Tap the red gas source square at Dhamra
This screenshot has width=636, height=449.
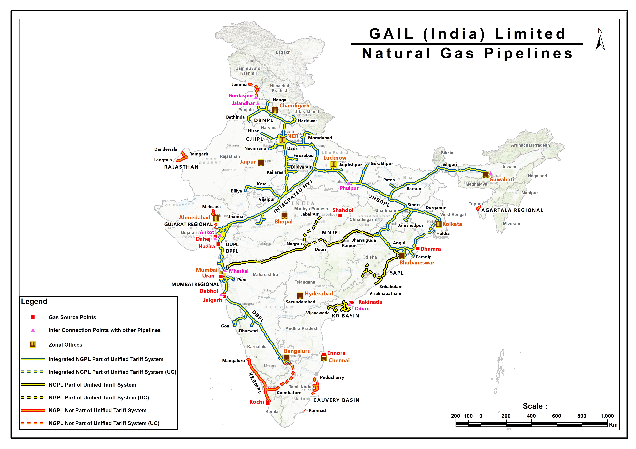coord(417,248)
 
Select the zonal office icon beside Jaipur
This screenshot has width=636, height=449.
coord(261,163)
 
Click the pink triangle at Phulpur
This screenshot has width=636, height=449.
coord(349,183)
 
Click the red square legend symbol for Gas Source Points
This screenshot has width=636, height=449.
coord(33,317)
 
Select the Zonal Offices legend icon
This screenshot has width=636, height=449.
coord(33,344)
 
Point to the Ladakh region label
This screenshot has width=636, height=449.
coord(283,52)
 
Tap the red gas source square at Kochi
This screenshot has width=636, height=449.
coord(268,403)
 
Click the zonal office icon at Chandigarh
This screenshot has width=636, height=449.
coord(275,110)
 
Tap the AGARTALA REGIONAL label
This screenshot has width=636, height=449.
coord(512,210)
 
